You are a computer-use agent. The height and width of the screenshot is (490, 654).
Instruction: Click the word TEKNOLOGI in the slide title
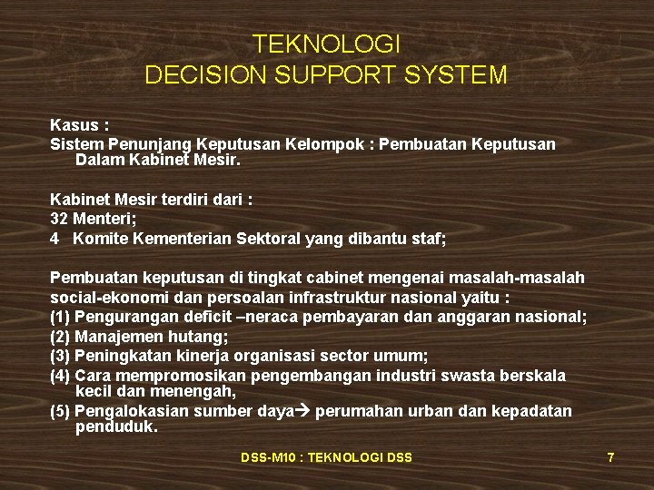coord(326,44)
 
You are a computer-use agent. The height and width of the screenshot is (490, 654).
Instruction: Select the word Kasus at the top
coord(74,126)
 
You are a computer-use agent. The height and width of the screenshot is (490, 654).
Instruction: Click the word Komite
coord(100,239)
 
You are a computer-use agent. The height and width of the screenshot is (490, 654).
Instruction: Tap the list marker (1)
coord(60,317)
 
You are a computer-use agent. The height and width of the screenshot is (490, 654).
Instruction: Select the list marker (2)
coord(60,336)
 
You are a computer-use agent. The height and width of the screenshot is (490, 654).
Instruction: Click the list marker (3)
coord(60,356)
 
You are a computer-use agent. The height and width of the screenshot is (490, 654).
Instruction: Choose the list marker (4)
coord(60,376)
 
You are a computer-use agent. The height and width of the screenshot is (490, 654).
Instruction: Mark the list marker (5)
coord(60,412)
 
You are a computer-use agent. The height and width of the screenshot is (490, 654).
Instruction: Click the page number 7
coord(611,458)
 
